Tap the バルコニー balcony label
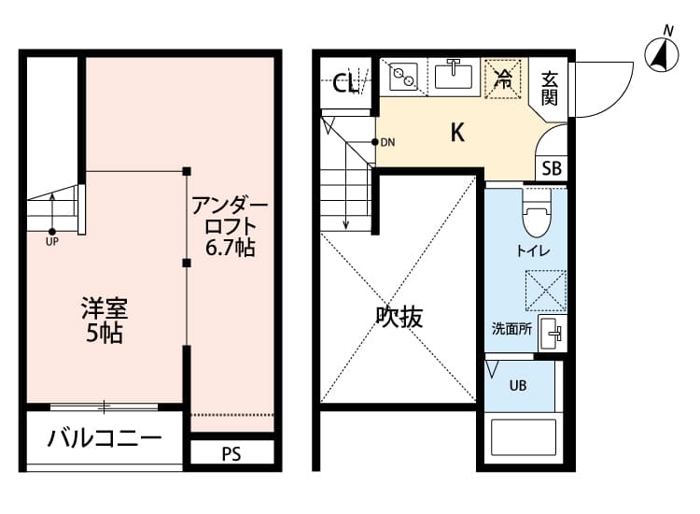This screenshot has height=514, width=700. click(105, 437)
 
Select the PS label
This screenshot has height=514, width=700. click(231, 455)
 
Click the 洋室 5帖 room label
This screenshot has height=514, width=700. click(104, 320)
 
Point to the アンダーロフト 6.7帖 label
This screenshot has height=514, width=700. click(231, 226)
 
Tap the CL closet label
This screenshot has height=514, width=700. click(345, 84)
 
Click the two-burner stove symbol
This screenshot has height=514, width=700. click(403, 76)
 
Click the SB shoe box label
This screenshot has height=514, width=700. click(552, 168)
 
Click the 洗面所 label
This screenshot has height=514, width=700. click(511, 328)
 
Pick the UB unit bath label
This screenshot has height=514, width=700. click(517, 384)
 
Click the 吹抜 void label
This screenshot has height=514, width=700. click(399, 318)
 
